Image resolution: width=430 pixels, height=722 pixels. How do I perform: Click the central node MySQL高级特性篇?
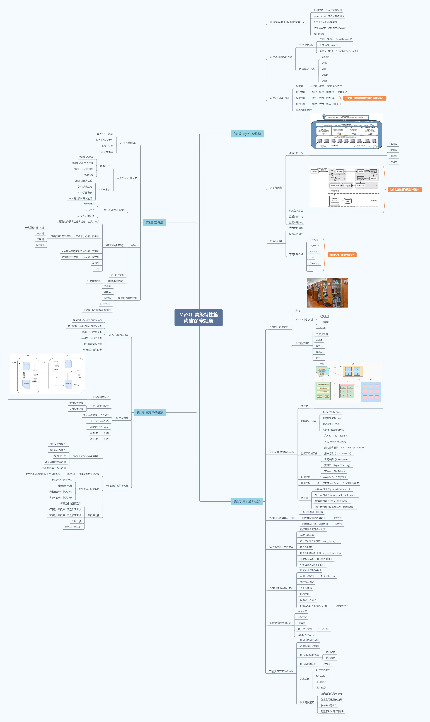pyautogui.click(x=199, y=318)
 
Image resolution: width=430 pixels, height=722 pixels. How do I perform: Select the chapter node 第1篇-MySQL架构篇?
pyautogui.click(x=247, y=134)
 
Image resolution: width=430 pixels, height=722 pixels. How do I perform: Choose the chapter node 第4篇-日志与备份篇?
pyautogui.click(x=150, y=412)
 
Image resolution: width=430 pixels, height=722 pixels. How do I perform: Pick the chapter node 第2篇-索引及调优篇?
pyautogui.click(x=247, y=501)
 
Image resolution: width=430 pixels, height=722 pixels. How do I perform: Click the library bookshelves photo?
pyautogui.click(x=327, y=293)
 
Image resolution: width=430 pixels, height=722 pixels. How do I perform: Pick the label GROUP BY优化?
pyautogui.click(x=308, y=600)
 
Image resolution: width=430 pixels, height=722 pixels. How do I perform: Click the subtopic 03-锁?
pyautogui.click(x=134, y=245)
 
